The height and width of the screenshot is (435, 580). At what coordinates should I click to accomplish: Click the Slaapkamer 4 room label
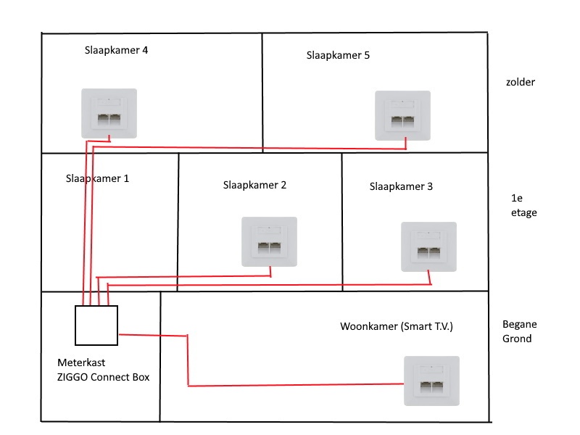coord(117,51)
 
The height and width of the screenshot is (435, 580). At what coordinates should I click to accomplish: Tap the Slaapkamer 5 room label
coord(338,55)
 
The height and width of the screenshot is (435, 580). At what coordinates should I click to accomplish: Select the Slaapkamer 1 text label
coord(97,178)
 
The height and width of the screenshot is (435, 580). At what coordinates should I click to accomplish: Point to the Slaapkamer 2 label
coord(254,185)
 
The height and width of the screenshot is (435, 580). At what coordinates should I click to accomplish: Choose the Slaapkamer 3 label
coord(401,186)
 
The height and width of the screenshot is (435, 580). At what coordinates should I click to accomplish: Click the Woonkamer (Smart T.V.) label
coord(396,326)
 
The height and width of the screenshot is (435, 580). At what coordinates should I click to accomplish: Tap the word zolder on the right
coord(521,82)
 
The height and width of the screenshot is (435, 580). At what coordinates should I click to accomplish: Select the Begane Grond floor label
coord(520,331)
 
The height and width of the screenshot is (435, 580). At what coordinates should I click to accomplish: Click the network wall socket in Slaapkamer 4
coord(108,112)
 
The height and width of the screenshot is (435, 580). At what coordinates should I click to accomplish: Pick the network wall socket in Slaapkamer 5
coord(402,115)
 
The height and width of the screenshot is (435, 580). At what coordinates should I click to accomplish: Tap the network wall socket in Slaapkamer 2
coord(269,242)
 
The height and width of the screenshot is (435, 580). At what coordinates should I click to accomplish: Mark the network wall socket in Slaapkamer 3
coord(428,246)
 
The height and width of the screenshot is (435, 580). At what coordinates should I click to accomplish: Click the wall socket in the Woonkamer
coord(431,381)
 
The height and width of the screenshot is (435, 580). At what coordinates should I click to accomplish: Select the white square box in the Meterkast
coord(96,326)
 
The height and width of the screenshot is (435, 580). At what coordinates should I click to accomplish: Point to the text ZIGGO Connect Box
coord(103,376)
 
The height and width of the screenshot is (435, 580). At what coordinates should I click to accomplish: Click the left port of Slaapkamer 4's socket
coord(101,118)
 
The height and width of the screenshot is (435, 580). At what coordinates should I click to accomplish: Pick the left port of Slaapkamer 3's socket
coord(421,253)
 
